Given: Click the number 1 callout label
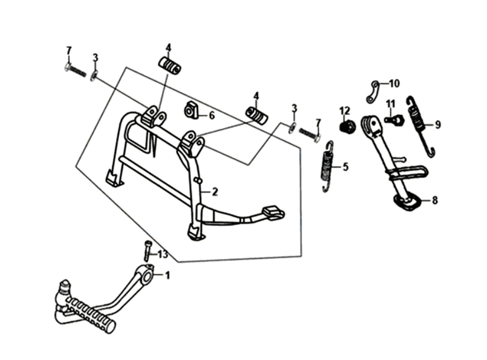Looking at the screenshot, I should pyautogui.click(x=168, y=275).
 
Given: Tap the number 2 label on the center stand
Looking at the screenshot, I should pyautogui.click(x=214, y=192).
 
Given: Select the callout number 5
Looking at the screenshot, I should pyautogui.click(x=345, y=167).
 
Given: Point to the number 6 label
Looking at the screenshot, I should pyautogui.click(x=211, y=115).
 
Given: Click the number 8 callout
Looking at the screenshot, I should pyautogui.click(x=435, y=200).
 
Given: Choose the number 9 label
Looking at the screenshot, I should pyautogui.click(x=438, y=125).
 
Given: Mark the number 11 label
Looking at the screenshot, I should pyautogui.click(x=391, y=103).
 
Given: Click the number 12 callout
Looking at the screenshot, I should pyautogui.click(x=345, y=111).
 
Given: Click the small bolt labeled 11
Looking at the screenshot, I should pyautogui.click(x=392, y=120).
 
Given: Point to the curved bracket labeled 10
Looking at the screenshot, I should pyautogui.click(x=375, y=91).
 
